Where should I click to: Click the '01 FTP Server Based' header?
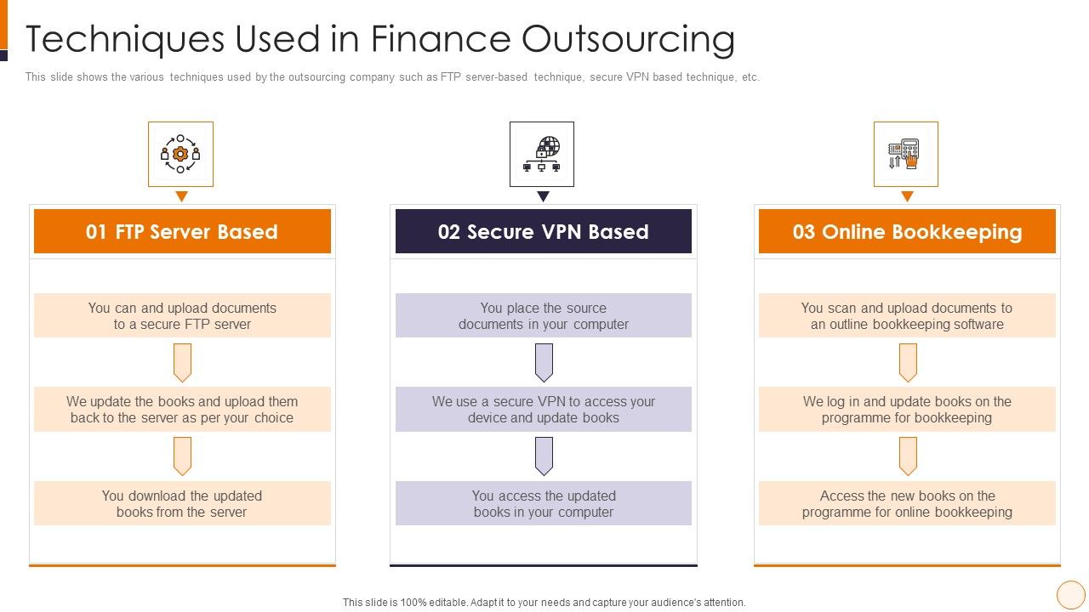tap(182, 232)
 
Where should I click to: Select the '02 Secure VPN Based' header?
tap(543, 232)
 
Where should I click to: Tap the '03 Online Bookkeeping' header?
tap(907, 232)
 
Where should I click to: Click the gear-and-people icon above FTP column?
tap(180, 154)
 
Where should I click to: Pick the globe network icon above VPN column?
tap(542, 154)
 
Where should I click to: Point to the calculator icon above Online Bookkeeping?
tap(905, 154)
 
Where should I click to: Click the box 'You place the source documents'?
tap(543, 316)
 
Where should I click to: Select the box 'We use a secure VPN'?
tap(543, 410)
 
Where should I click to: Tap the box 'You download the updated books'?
tap(182, 503)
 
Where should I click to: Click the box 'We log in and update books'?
tap(907, 410)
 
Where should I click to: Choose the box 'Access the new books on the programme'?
tap(907, 503)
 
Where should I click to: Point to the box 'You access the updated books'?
tap(543, 503)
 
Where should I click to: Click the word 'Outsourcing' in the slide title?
tap(627, 39)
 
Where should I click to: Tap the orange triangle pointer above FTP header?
tap(181, 196)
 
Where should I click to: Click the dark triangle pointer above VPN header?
tap(543, 196)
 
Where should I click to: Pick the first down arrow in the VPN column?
tap(544, 362)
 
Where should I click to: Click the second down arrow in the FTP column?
tap(182, 456)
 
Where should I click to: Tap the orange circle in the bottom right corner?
tap(1070, 594)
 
